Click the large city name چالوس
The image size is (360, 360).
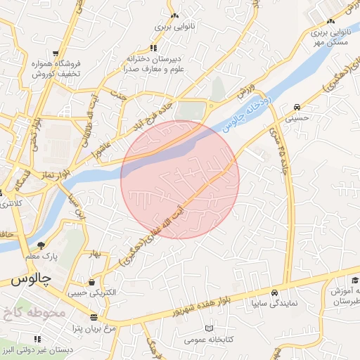(x=32, y=279)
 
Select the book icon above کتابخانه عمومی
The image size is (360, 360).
(x=208, y=328)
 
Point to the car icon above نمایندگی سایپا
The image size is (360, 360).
(x=274, y=292)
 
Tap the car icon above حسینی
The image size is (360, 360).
(x=297, y=107)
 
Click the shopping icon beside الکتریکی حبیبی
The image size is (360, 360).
(x=92, y=281)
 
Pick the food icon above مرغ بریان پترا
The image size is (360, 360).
(x=94, y=318)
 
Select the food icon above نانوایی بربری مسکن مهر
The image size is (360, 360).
(x=330, y=22)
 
